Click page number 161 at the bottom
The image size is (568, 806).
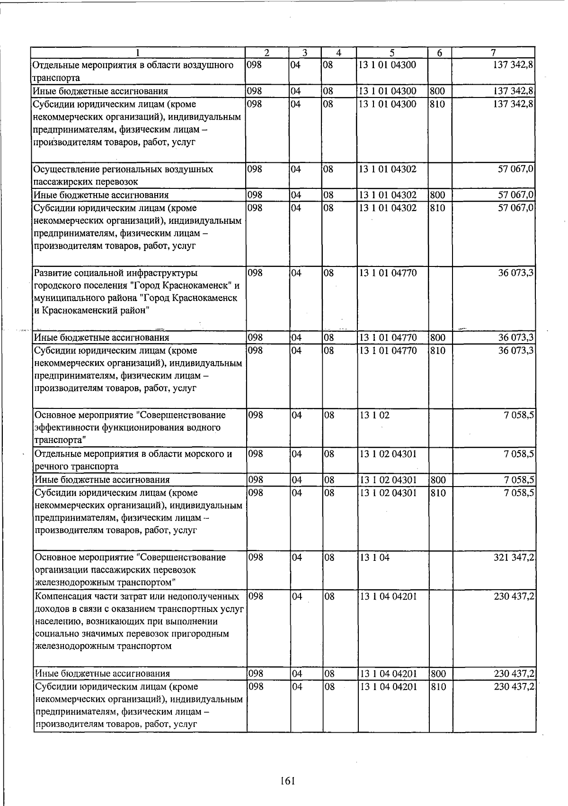point(287,781)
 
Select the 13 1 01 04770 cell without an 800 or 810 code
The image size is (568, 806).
point(388,273)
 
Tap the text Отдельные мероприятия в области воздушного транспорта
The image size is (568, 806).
point(133,71)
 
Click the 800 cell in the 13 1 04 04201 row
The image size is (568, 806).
point(438,673)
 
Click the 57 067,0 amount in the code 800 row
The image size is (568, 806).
point(516,195)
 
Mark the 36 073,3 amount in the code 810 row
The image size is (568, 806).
point(516,351)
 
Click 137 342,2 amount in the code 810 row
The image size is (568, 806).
point(514,104)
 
